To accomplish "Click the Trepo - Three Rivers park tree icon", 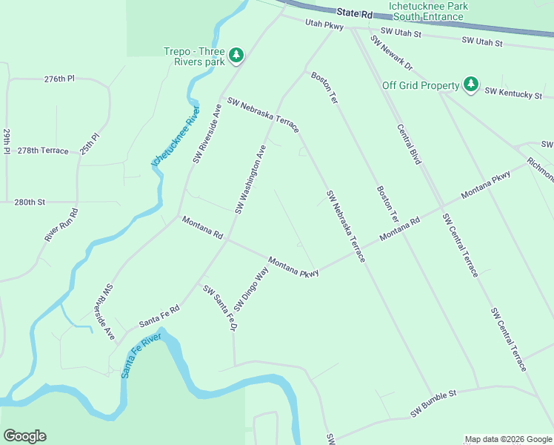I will point(236,55).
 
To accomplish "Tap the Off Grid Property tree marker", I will point(470,85).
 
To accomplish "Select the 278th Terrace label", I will point(43,151).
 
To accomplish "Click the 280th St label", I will point(30,202).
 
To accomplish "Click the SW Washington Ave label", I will point(250,179).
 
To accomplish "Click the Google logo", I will point(24,436).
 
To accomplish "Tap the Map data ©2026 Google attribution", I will point(508,439).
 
